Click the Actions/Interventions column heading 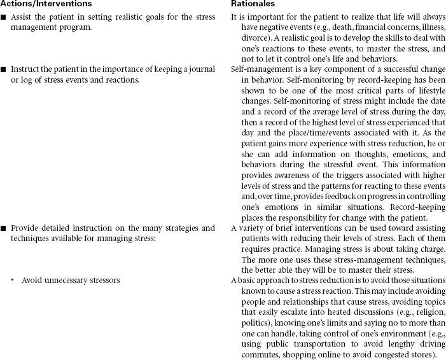click(40, 4)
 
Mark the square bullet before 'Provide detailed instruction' click(4, 228)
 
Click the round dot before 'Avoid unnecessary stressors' click(13, 280)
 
